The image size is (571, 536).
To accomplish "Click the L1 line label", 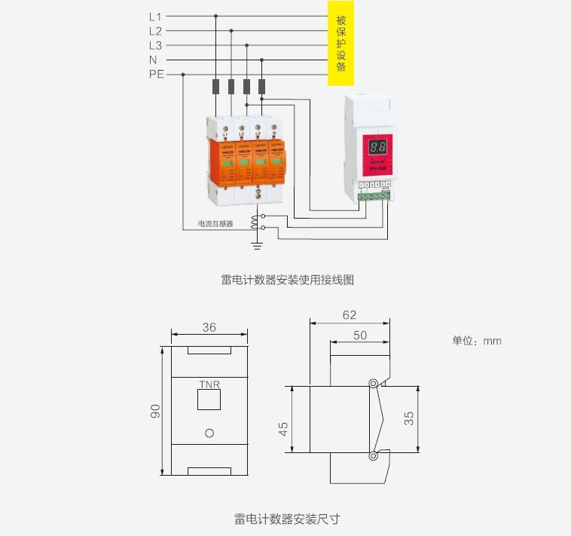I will tap(155, 16).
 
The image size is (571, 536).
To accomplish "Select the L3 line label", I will tap(155, 45).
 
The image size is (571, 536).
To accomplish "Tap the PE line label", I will tap(156, 74).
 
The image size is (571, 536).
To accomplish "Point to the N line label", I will tap(153, 60).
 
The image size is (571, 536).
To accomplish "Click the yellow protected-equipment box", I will tap(340, 43).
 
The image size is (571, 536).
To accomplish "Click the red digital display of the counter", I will tap(377, 148).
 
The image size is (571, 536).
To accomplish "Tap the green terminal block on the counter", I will tap(374, 198).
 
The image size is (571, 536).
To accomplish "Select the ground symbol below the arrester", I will tap(257, 244).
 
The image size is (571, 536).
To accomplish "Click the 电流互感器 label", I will tap(215, 224).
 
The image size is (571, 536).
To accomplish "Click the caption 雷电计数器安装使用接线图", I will tap(287, 280).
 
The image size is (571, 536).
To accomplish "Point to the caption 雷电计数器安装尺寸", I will tap(287, 519).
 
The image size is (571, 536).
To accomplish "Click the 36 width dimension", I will tap(209, 327).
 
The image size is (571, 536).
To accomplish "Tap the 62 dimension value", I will tap(350, 316).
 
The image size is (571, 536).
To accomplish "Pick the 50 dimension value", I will tap(360, 334).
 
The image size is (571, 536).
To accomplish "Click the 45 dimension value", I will tap(283, 427).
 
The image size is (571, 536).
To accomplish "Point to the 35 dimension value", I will tap(408, 418).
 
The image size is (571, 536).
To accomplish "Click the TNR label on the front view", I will tap(209, 384).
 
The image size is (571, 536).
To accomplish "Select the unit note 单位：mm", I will tap(476, 341).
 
